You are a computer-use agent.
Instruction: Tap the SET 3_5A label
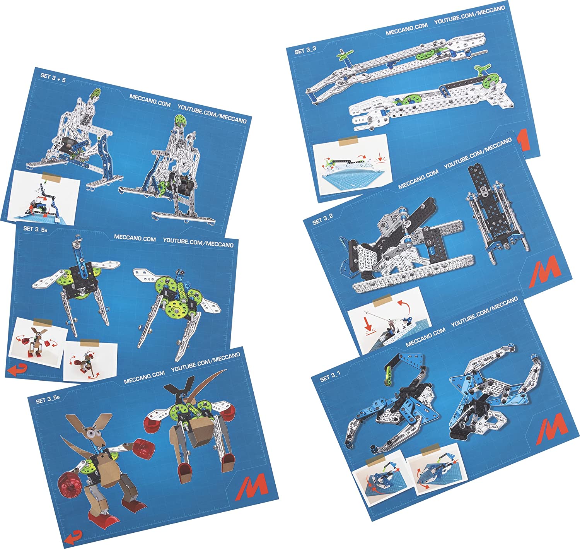click(36, 229)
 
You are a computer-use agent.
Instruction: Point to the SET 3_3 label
click(305, 50)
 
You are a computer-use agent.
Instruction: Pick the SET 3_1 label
click(330, 377)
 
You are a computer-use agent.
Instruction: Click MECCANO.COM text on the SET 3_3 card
click(407, 29)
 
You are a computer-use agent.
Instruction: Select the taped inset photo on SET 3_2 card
click(389, 320)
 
